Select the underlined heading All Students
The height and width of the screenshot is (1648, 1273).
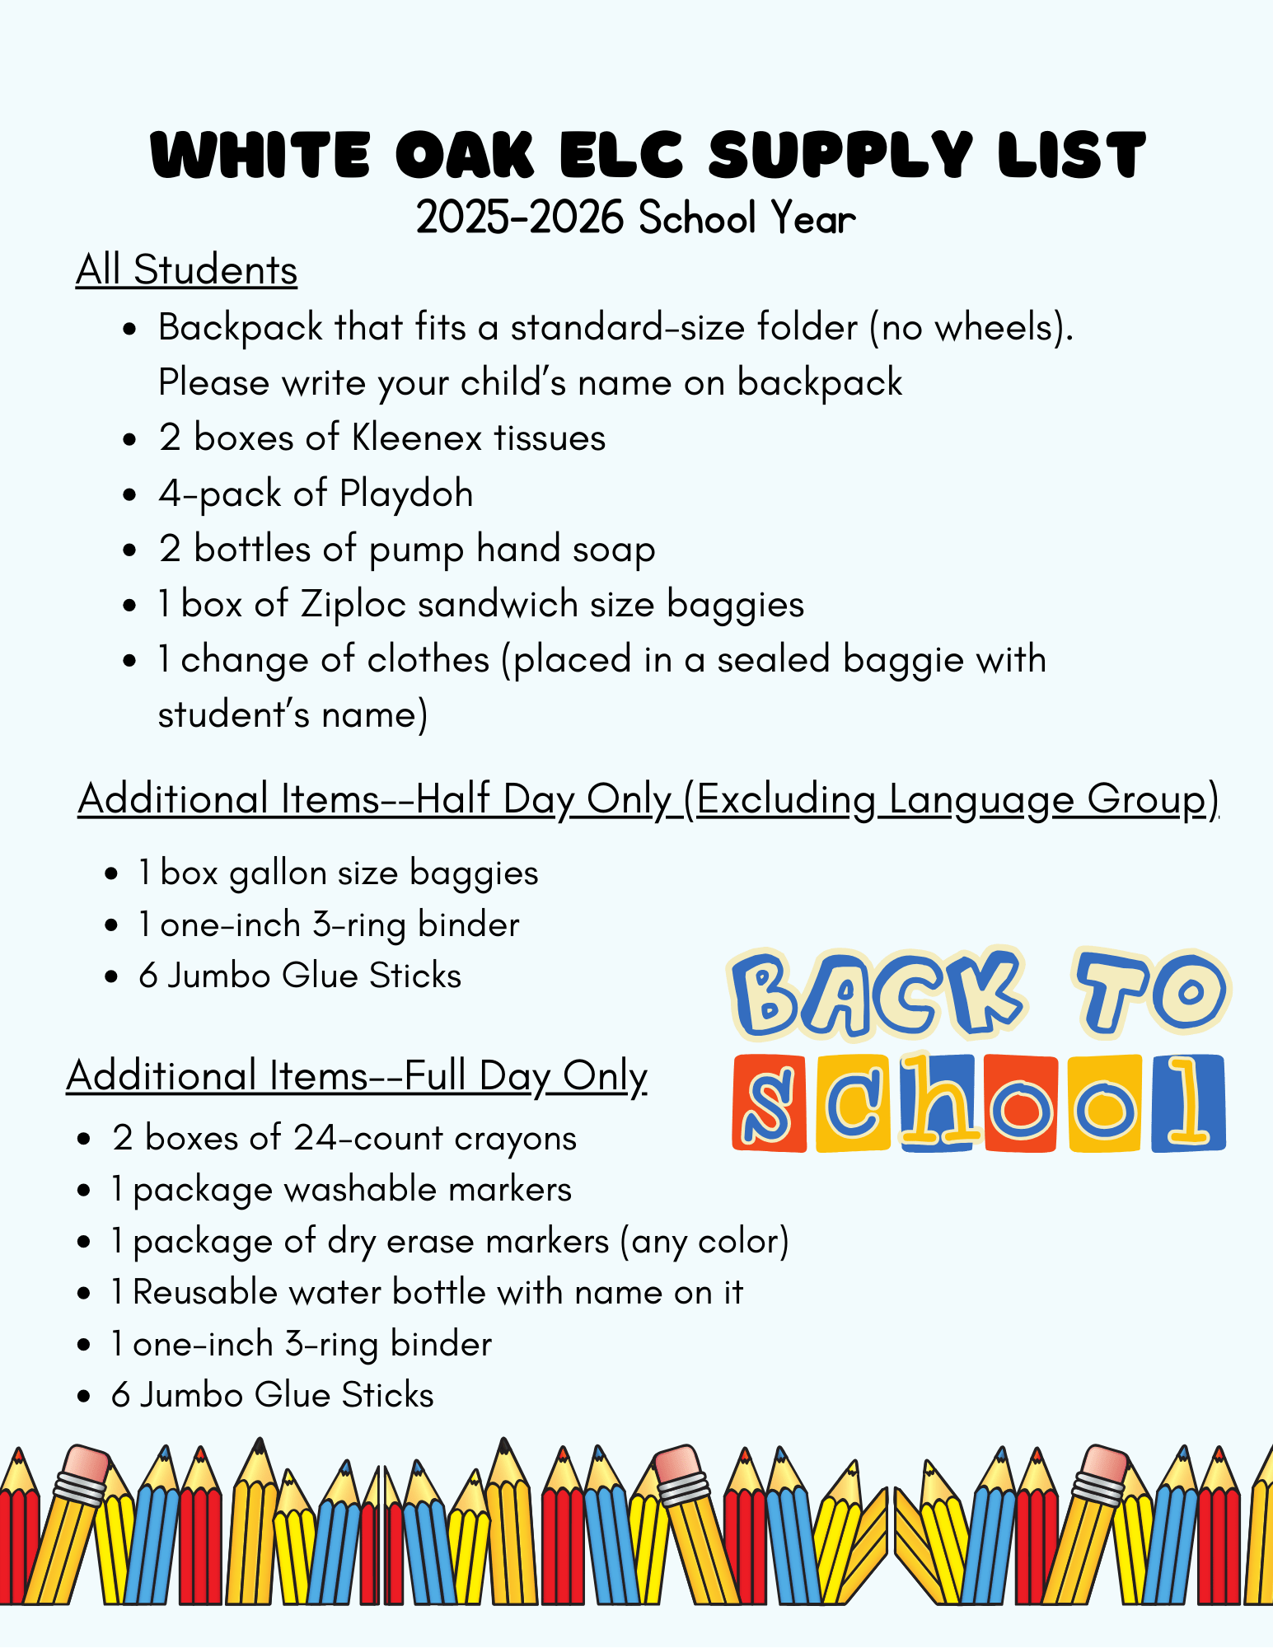tap(186, 270)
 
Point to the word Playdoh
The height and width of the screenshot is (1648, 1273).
tap(406, 494)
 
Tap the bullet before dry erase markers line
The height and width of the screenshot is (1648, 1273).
tap(83, 1242)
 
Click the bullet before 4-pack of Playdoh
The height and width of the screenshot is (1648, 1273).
tap(129, 494)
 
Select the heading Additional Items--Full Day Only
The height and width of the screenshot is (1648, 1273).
tap(357, 1076)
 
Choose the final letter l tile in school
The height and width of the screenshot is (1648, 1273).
tap(1188, 1103)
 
